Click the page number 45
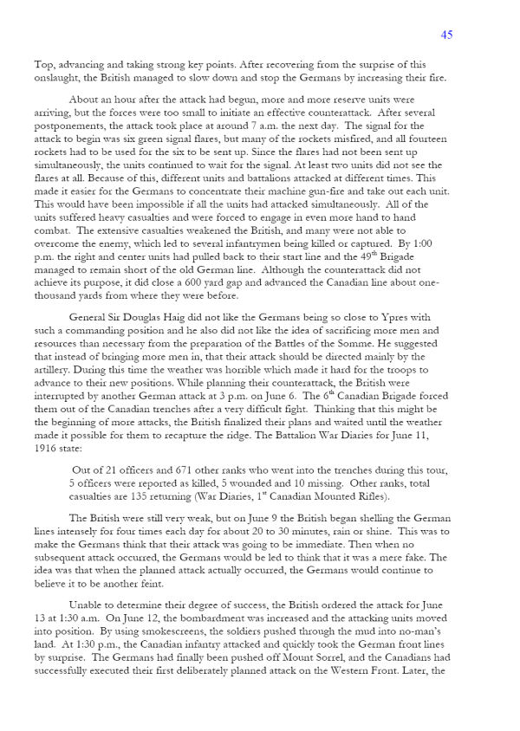(x=446, y=35)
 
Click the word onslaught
(x=59, y=76)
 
